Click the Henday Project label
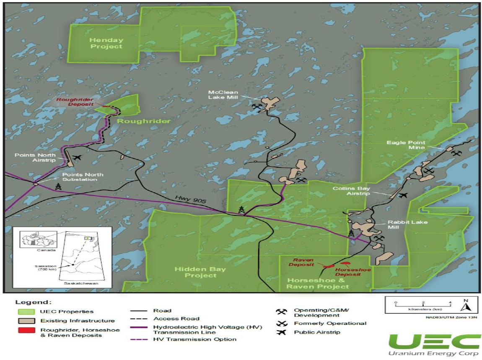[106, 43]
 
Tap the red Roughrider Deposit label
[75, 102]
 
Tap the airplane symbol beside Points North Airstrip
[77, 158]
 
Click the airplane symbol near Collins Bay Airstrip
[403, 195]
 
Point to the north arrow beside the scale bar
[466, 305]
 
